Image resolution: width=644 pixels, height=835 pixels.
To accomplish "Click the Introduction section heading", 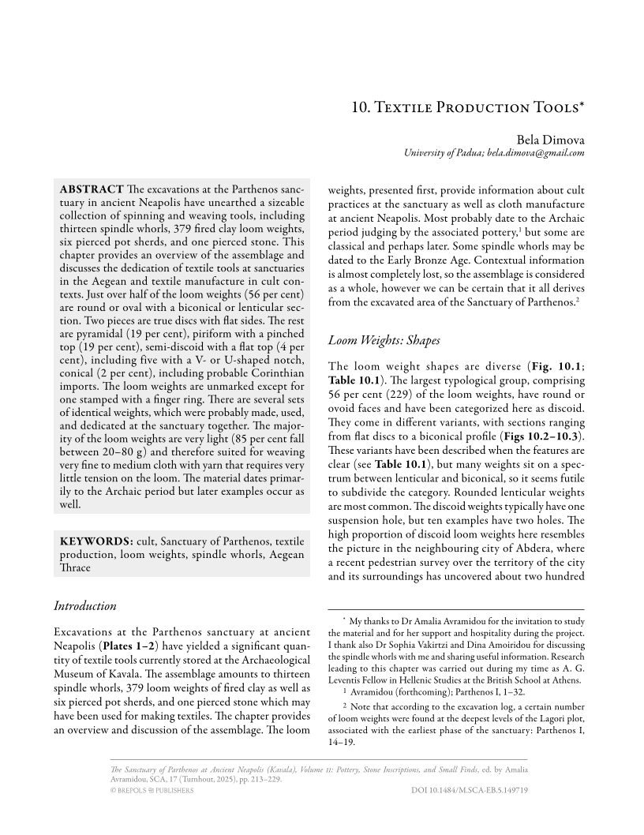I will coord(84,606).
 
